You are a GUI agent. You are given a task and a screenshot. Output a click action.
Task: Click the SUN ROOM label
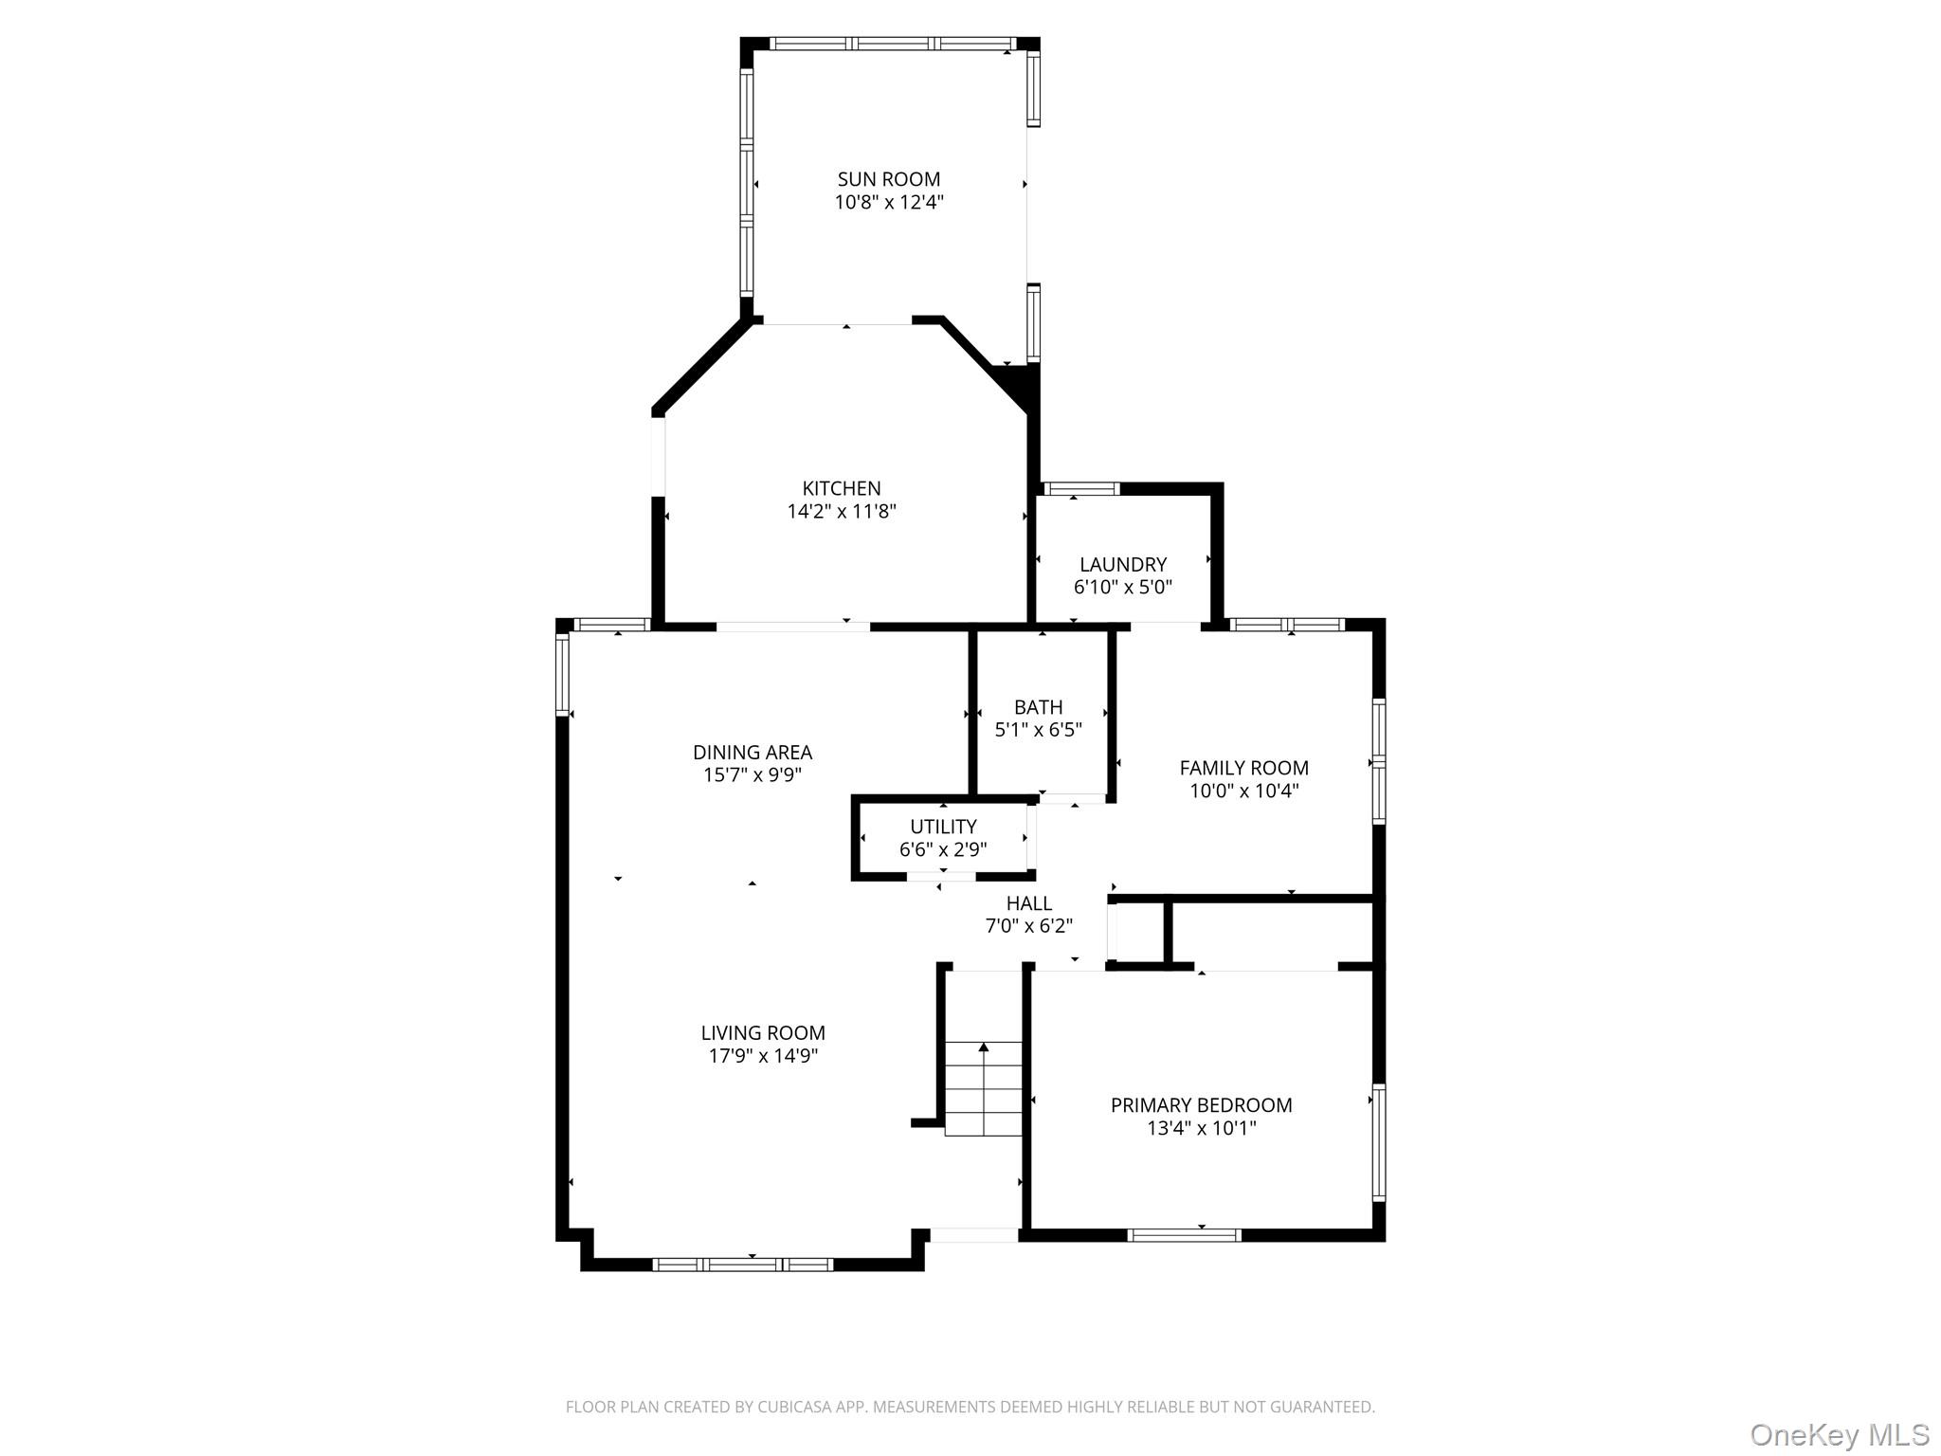click(888, 179)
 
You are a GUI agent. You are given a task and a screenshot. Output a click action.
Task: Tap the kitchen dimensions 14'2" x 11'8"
click(842, 512)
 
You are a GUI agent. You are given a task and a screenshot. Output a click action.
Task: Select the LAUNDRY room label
click(1122, 564)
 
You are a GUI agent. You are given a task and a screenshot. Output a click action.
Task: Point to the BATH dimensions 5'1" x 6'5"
click(1038, 730)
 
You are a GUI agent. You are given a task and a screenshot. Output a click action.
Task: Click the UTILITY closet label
click(943, 827)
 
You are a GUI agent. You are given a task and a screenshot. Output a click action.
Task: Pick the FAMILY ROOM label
click(1243, 768)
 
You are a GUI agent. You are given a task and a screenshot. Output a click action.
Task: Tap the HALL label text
click(1028, 903)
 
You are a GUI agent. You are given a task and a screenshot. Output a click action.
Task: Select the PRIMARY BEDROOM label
click(1201, 1105)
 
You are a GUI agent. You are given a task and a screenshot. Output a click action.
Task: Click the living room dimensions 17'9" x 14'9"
click(763, 1056)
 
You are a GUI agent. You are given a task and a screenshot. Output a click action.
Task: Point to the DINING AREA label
click(752, 753)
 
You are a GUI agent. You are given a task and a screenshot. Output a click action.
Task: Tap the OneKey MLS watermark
click(1839, 1434)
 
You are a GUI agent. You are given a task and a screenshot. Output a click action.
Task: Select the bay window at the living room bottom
click(743, 1264)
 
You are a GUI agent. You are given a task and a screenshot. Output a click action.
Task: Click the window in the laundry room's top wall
click(1080, 489)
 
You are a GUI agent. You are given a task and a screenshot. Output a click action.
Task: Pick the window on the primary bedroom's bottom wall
click(1184, 1235)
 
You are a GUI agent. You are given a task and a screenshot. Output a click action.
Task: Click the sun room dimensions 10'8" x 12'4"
click(888, 203)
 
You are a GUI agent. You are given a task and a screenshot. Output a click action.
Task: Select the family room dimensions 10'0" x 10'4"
click(1243, 792)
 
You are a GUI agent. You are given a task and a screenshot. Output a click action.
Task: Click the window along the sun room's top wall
click(891, 44)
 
